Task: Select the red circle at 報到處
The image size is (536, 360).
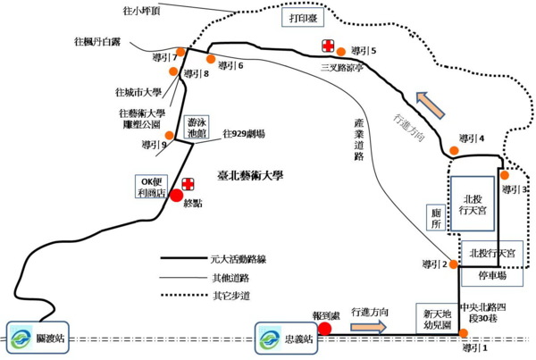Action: (325, 328)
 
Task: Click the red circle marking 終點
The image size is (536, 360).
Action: (177, 196)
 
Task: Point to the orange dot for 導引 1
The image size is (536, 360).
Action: (465, 336)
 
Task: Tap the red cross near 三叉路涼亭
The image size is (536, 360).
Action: (329, 45)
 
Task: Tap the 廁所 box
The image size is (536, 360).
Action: (435, 220)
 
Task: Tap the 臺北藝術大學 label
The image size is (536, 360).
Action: (249, 176)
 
